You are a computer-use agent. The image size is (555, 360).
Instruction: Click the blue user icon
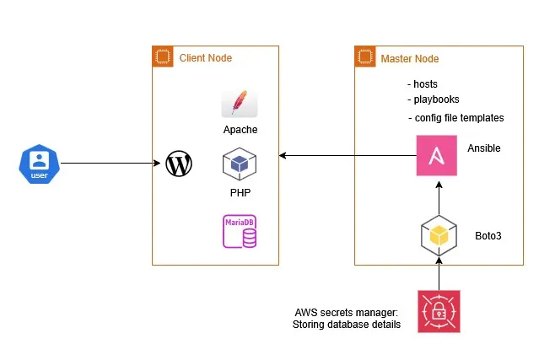(38, 164)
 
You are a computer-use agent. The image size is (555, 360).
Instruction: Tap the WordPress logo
(179, 164)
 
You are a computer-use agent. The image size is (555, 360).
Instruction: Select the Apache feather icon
(240, 103)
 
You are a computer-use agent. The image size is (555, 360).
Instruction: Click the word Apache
(240, 130)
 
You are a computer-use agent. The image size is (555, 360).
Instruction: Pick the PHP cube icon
(240, 165)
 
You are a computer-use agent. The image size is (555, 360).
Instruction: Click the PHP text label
(240, 192)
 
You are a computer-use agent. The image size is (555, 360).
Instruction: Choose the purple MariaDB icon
(240, 230)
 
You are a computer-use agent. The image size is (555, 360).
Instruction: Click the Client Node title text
(206, 58)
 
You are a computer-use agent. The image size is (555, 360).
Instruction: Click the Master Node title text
(410, 58)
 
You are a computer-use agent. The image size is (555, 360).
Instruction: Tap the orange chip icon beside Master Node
(364, 58)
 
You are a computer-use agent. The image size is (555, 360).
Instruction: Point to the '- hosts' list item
(423, 85)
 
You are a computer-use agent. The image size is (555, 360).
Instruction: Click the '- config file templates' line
(455, 117)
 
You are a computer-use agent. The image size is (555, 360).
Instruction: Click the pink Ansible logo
(437, 155)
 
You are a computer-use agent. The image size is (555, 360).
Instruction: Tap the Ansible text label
(484, 148)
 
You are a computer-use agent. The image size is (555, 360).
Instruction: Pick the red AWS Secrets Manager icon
(439, 311)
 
